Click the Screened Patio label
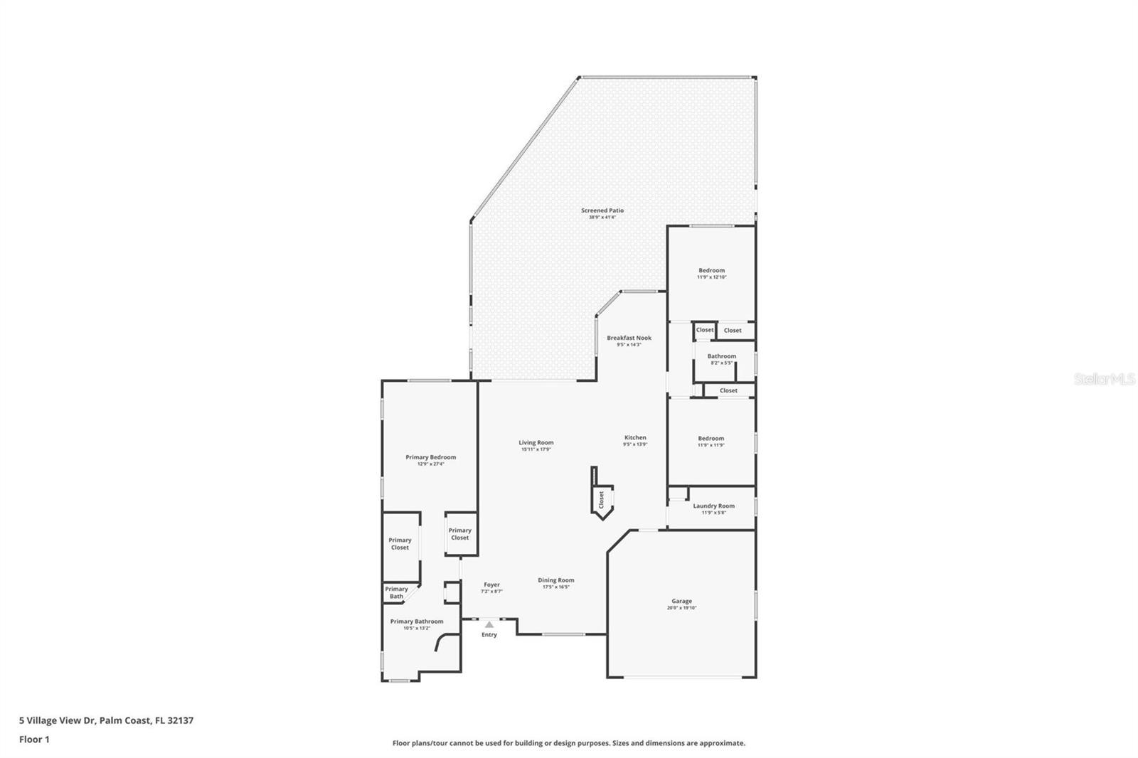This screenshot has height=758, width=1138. (602, 210)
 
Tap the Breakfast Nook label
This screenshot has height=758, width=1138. (629, 338)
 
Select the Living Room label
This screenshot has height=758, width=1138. (536, 442)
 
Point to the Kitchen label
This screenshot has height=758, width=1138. (635, 437)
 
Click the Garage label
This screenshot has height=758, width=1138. (681, 601)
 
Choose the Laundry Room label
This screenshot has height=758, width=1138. (713, 506)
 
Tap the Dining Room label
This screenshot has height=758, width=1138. (555, 580)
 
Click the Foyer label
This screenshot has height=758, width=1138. (491, 584)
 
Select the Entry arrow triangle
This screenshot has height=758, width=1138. (489, 624)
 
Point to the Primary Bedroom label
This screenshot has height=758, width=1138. (430, 457)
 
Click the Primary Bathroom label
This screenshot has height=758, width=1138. (416, 621)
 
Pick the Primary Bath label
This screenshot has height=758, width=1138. (396, 592)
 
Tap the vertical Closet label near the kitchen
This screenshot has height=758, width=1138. (601, 499)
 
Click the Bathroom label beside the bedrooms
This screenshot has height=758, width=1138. (721, 356)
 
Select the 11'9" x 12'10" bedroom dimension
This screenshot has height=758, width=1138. (711, 277)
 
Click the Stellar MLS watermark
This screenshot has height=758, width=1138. (1104, 380)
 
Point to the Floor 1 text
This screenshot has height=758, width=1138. (34, 740)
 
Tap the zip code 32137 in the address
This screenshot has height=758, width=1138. (180, 720)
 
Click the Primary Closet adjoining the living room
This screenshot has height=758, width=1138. (459, 533)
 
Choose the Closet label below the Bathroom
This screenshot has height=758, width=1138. (728, 390)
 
